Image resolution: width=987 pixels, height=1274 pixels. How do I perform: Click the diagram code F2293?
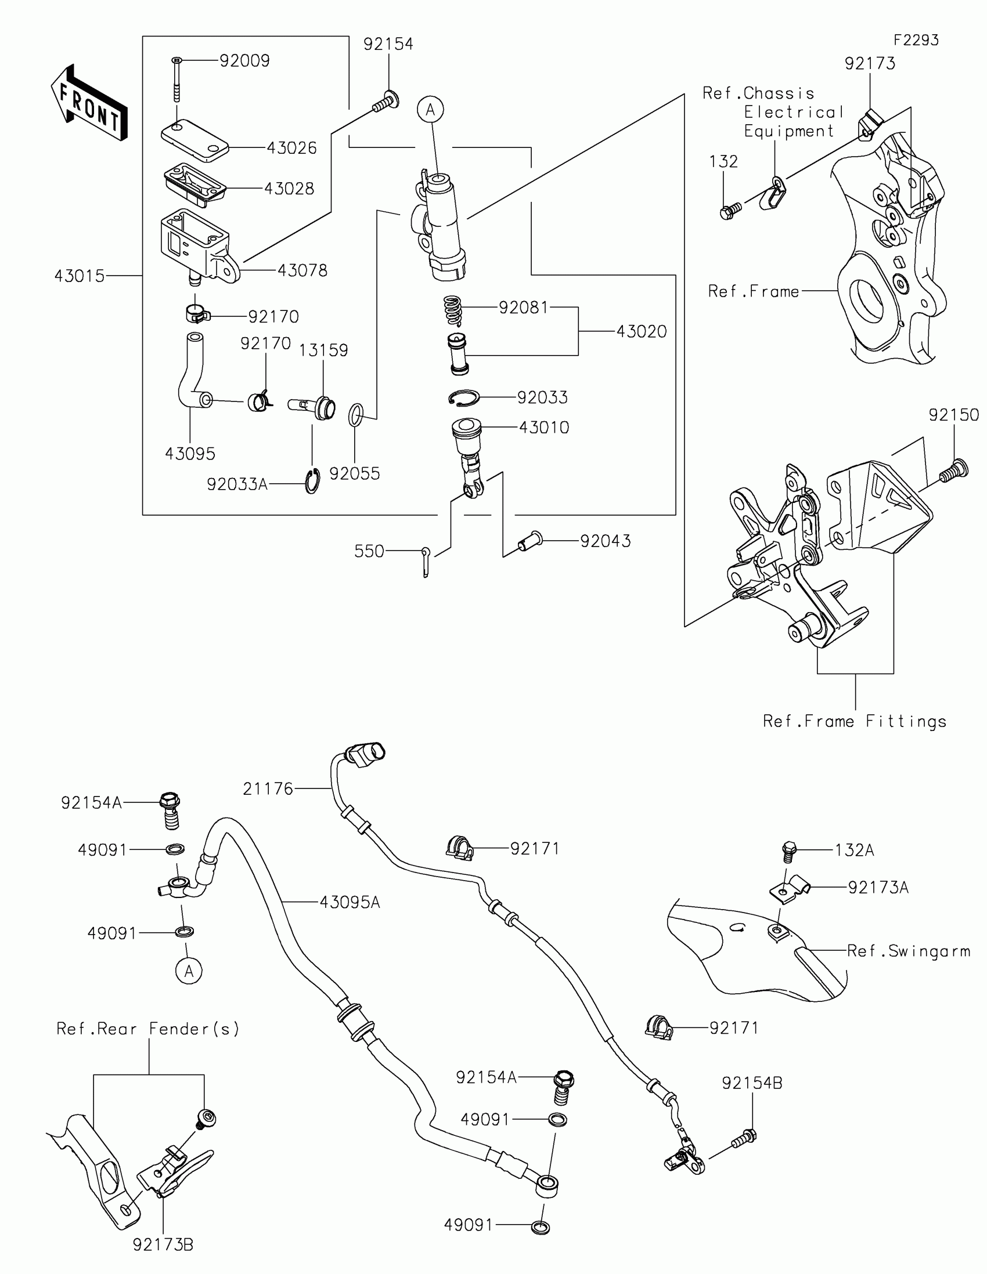point(916,40)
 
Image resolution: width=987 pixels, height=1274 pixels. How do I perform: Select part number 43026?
point(291,148)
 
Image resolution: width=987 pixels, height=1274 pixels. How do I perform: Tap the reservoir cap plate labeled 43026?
point(194,139)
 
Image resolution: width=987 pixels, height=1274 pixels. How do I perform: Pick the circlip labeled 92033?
point(464,398)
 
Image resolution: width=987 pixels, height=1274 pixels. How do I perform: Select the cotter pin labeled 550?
point(426,561)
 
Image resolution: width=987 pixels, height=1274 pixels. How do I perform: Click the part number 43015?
point(80,276)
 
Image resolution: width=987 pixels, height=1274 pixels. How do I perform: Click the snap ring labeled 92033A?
point(313,482)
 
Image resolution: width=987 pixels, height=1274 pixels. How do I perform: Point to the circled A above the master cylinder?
point(431,110)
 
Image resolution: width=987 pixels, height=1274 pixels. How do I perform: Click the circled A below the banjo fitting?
point(189,971)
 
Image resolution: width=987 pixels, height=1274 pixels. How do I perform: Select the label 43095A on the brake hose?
point(350,903)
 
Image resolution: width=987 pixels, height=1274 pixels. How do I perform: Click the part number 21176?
point(268,788)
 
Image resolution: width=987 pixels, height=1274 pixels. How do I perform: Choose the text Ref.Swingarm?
point(908,951)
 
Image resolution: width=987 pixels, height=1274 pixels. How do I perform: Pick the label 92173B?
point(163,1245)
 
